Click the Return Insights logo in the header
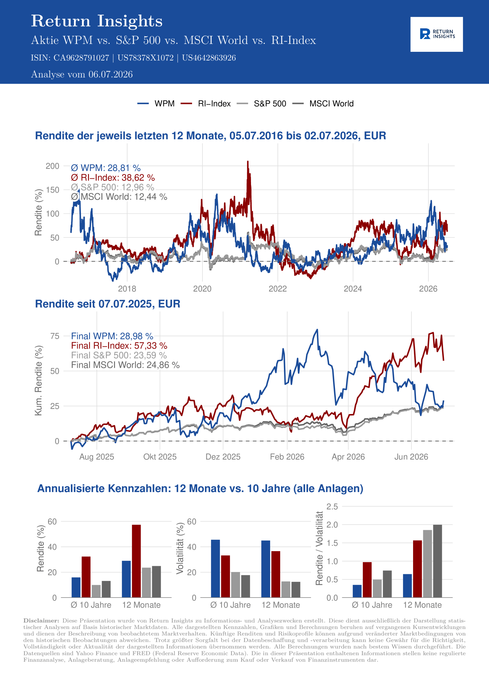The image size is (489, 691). [437, 34]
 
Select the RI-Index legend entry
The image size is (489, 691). [206, 104]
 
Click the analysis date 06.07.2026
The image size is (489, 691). [110, 74]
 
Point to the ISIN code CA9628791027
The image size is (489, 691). [81, 58]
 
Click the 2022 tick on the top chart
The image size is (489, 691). [277, 289]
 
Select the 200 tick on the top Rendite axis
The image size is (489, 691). [52, 166]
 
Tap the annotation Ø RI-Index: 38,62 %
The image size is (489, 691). [113, 178]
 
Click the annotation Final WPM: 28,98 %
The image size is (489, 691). [112, 336]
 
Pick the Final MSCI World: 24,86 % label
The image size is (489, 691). [125, 365]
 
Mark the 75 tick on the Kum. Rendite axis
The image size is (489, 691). [55, 336]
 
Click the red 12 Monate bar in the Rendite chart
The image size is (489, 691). [136, 561]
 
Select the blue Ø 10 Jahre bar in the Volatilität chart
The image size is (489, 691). [215, 568]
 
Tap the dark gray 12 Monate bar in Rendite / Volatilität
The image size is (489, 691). [437, 561]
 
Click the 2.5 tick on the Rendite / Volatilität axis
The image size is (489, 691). [332, 507]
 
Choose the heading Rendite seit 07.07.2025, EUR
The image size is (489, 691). [108, 304]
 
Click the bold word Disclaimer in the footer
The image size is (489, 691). [41, 621]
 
